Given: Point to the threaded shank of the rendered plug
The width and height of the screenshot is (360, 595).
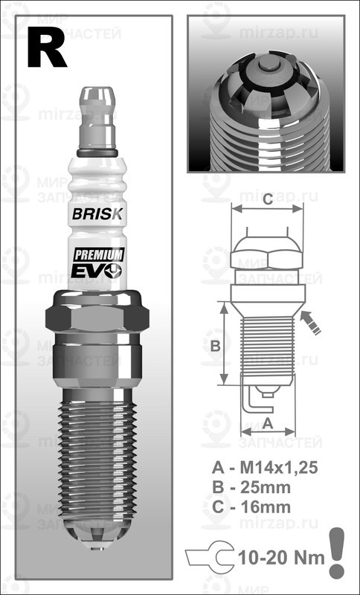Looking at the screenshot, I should (x=97, y=454).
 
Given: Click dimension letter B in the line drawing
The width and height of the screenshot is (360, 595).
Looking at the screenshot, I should (x=213, y=346).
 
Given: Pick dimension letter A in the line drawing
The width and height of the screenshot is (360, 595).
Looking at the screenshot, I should (x=267, y=422).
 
